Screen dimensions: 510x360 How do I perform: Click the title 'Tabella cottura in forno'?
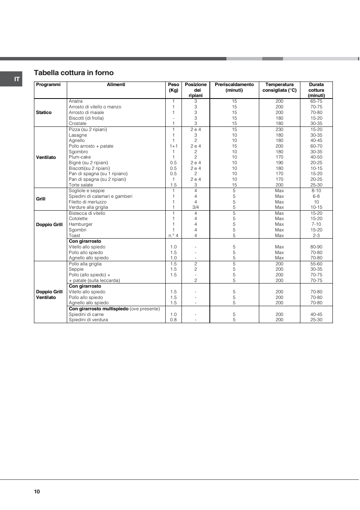[x=74, y=73]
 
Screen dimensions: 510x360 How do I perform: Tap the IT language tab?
[x=17, y=79]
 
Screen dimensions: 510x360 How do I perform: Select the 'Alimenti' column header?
[x=116, y=85]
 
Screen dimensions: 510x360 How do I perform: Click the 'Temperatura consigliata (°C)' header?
[x=279, y=87]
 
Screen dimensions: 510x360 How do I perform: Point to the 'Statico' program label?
[x=44, y=112]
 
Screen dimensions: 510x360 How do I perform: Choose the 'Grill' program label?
[x=41, y=199]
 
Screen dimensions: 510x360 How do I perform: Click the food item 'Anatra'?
[x=75, y=101]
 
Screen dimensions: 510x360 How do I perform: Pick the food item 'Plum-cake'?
[x=80, y=157]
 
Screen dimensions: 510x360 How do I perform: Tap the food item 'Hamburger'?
[x=80, y=224]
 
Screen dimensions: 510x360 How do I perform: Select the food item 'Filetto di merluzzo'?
[x=88, y=202]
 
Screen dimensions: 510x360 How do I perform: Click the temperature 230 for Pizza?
[x=279, y=129]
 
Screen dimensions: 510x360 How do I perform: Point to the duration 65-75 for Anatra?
[x=316, y=101]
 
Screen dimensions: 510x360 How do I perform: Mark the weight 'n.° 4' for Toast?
[x=173, y=236]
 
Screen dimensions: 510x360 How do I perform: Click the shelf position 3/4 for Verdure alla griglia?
[x=195, y=207]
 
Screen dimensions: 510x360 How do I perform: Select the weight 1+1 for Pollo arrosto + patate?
[x=173, y=146]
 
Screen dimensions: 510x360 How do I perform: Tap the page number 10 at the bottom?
[x=37, y=492]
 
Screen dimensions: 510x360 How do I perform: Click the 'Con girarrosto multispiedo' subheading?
[x=98, y=309]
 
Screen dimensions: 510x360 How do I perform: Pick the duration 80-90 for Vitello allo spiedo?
[x=316, y=247]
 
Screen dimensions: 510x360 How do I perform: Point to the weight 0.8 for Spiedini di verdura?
[x=173, y=320]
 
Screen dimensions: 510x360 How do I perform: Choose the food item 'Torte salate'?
[x=81, y=185]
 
